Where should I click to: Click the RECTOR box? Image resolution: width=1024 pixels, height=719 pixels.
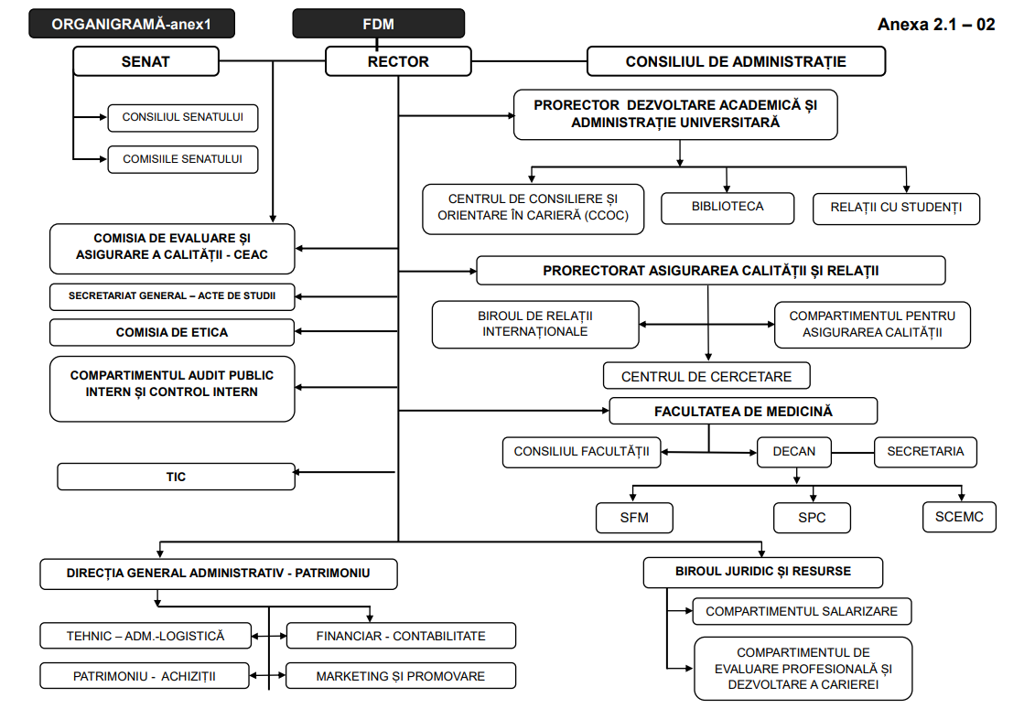398,62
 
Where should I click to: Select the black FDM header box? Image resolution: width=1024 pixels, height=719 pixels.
378,24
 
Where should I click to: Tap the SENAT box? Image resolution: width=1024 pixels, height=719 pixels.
146,62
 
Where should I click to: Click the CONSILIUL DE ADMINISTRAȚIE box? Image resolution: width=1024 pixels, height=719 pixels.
736,62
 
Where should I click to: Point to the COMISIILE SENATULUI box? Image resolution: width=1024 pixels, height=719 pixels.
182,159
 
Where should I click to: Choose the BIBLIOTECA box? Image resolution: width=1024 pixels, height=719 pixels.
727,207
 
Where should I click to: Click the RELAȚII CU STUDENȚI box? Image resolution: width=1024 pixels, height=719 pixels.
896,209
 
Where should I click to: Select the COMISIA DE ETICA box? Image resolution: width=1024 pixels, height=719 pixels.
172,332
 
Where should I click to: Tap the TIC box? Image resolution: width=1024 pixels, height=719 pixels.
176,477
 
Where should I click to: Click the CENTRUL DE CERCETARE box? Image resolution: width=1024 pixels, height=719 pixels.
706,376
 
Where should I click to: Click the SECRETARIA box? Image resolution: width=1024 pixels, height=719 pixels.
925,451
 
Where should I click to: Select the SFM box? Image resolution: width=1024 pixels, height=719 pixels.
634,518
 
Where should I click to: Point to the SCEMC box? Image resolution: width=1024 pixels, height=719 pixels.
959,517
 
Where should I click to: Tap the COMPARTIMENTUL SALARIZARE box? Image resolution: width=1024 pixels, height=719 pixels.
802,611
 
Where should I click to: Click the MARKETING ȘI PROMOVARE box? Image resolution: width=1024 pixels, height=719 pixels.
400,677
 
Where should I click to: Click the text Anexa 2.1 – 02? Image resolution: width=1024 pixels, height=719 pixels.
935,25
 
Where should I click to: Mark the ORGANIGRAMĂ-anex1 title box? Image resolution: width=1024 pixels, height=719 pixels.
131,24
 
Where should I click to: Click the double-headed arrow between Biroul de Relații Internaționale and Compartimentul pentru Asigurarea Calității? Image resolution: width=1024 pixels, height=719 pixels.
706,325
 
